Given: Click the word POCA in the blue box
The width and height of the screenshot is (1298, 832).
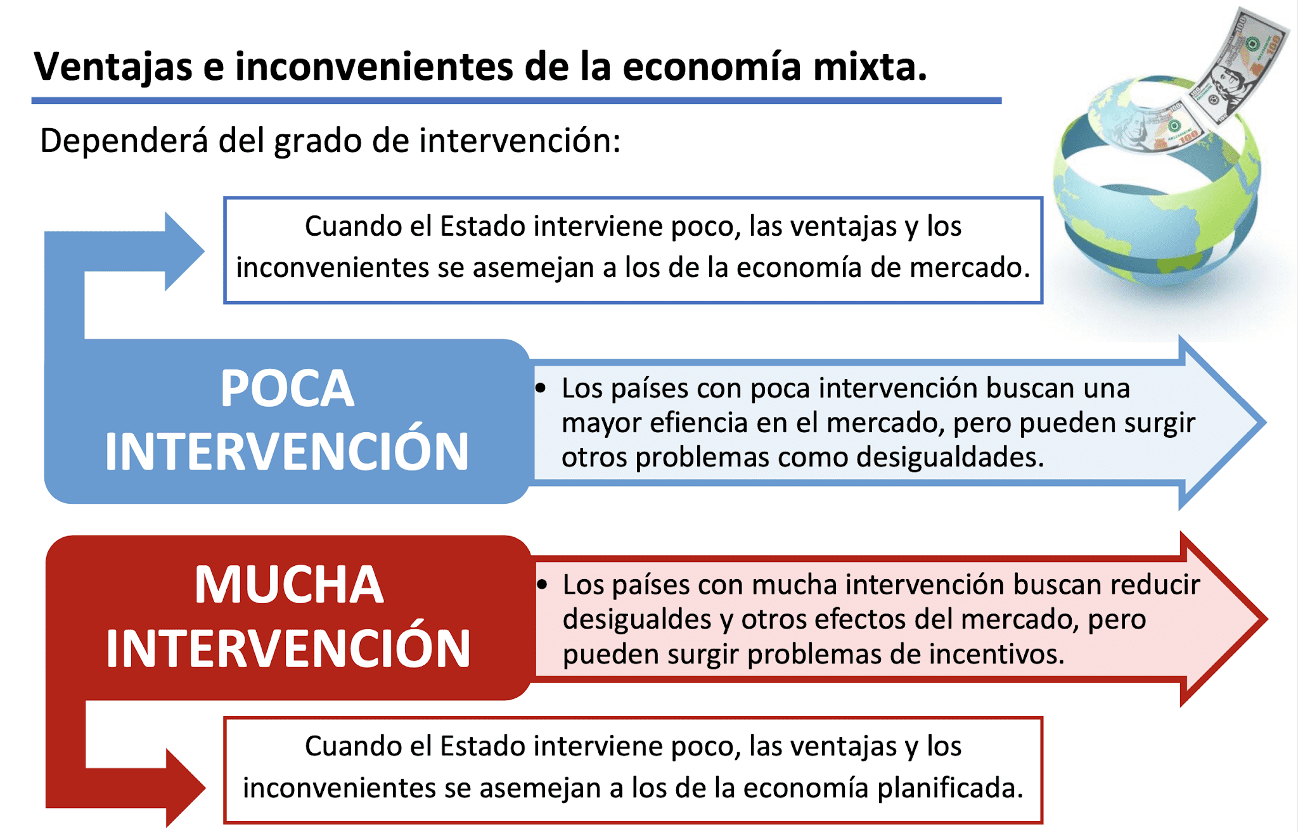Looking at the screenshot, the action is [287, 388].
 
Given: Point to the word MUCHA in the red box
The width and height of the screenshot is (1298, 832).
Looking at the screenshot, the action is [289, 585].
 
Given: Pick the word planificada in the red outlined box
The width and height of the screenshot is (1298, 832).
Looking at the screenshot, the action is [950, 788].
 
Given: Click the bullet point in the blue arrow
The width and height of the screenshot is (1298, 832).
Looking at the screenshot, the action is [540, 388].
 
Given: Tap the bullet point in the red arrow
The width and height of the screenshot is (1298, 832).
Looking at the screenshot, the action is [541, 585].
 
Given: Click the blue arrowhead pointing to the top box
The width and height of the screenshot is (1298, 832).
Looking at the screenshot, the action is [184, 252].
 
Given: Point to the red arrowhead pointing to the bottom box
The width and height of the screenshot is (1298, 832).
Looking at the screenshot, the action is [185, 788].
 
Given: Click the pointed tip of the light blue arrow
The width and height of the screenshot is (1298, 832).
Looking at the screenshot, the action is [1265, 422].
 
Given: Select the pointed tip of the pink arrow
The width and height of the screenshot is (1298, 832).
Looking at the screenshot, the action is [1266, 619].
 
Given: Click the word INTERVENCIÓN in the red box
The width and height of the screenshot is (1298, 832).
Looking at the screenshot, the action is [288, 649].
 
